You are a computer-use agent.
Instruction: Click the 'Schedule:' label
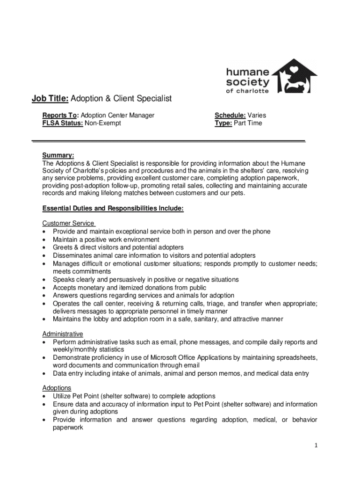(x=230, y=115)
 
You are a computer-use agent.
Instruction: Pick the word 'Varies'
(x=257, y=115)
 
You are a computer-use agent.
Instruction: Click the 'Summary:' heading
(x=58, y=155)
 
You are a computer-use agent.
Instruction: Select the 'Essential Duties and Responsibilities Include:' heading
(x=113, y=209)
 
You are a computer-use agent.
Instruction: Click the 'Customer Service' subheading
(x=68, y=224)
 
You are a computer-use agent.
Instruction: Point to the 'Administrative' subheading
(x=63, y=334)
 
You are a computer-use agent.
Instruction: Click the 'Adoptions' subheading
(x=57, y=388)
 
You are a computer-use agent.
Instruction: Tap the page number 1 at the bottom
(x=316, y=445)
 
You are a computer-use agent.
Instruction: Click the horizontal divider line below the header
(x=168, y=141)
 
